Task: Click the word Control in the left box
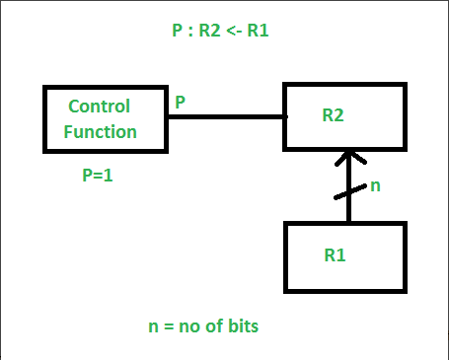(99, 106)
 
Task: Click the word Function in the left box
(103, 130)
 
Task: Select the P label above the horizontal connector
(180, 101)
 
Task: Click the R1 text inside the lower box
(337, 254)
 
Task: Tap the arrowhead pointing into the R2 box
(345, 158)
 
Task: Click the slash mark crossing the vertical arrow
(346, 191)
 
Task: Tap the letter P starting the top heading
(176, 31)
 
